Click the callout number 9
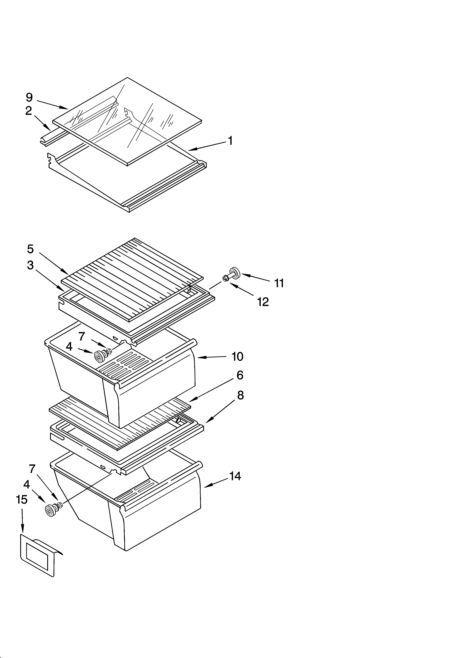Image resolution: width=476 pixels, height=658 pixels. (29, 97)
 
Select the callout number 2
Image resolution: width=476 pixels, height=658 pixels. (28, 111)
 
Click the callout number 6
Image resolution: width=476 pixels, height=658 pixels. (240, 375)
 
